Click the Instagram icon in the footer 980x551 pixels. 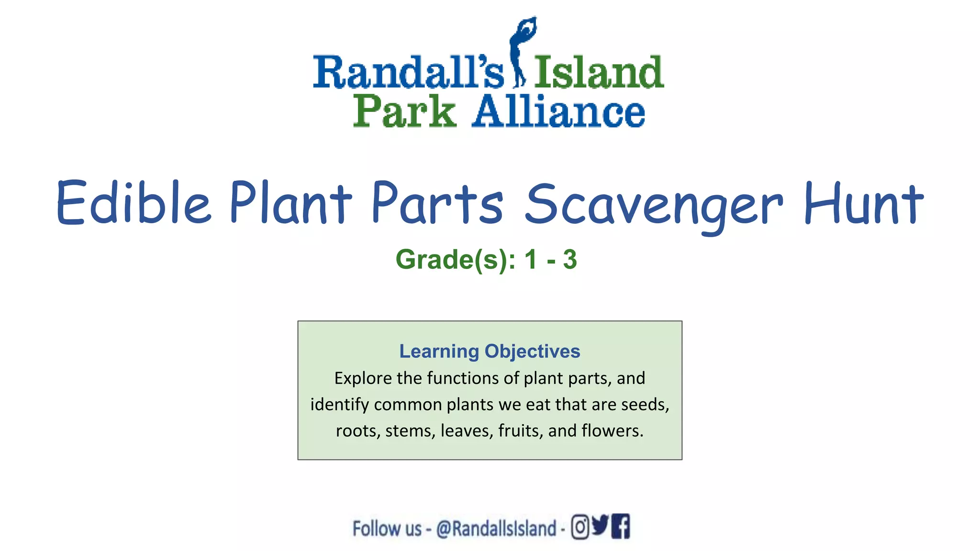(x=580, y=527)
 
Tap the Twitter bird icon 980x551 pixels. (x=600, y=525)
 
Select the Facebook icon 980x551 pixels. (x=621, y=526)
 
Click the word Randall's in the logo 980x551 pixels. (x=408, y=73)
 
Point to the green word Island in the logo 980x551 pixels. (x=599, y=73)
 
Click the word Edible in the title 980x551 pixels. (x=134, y=203)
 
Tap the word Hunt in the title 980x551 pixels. (x=863, y=203)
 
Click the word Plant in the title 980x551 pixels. (x=290, y=203)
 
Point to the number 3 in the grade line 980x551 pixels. (x=569, y=260)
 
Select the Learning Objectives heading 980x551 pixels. (x=490, y=351)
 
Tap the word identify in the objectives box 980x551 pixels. (x=339, y=405)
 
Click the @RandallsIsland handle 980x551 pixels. (x=496, y=529)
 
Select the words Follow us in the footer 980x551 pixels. (x=387, y=529)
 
